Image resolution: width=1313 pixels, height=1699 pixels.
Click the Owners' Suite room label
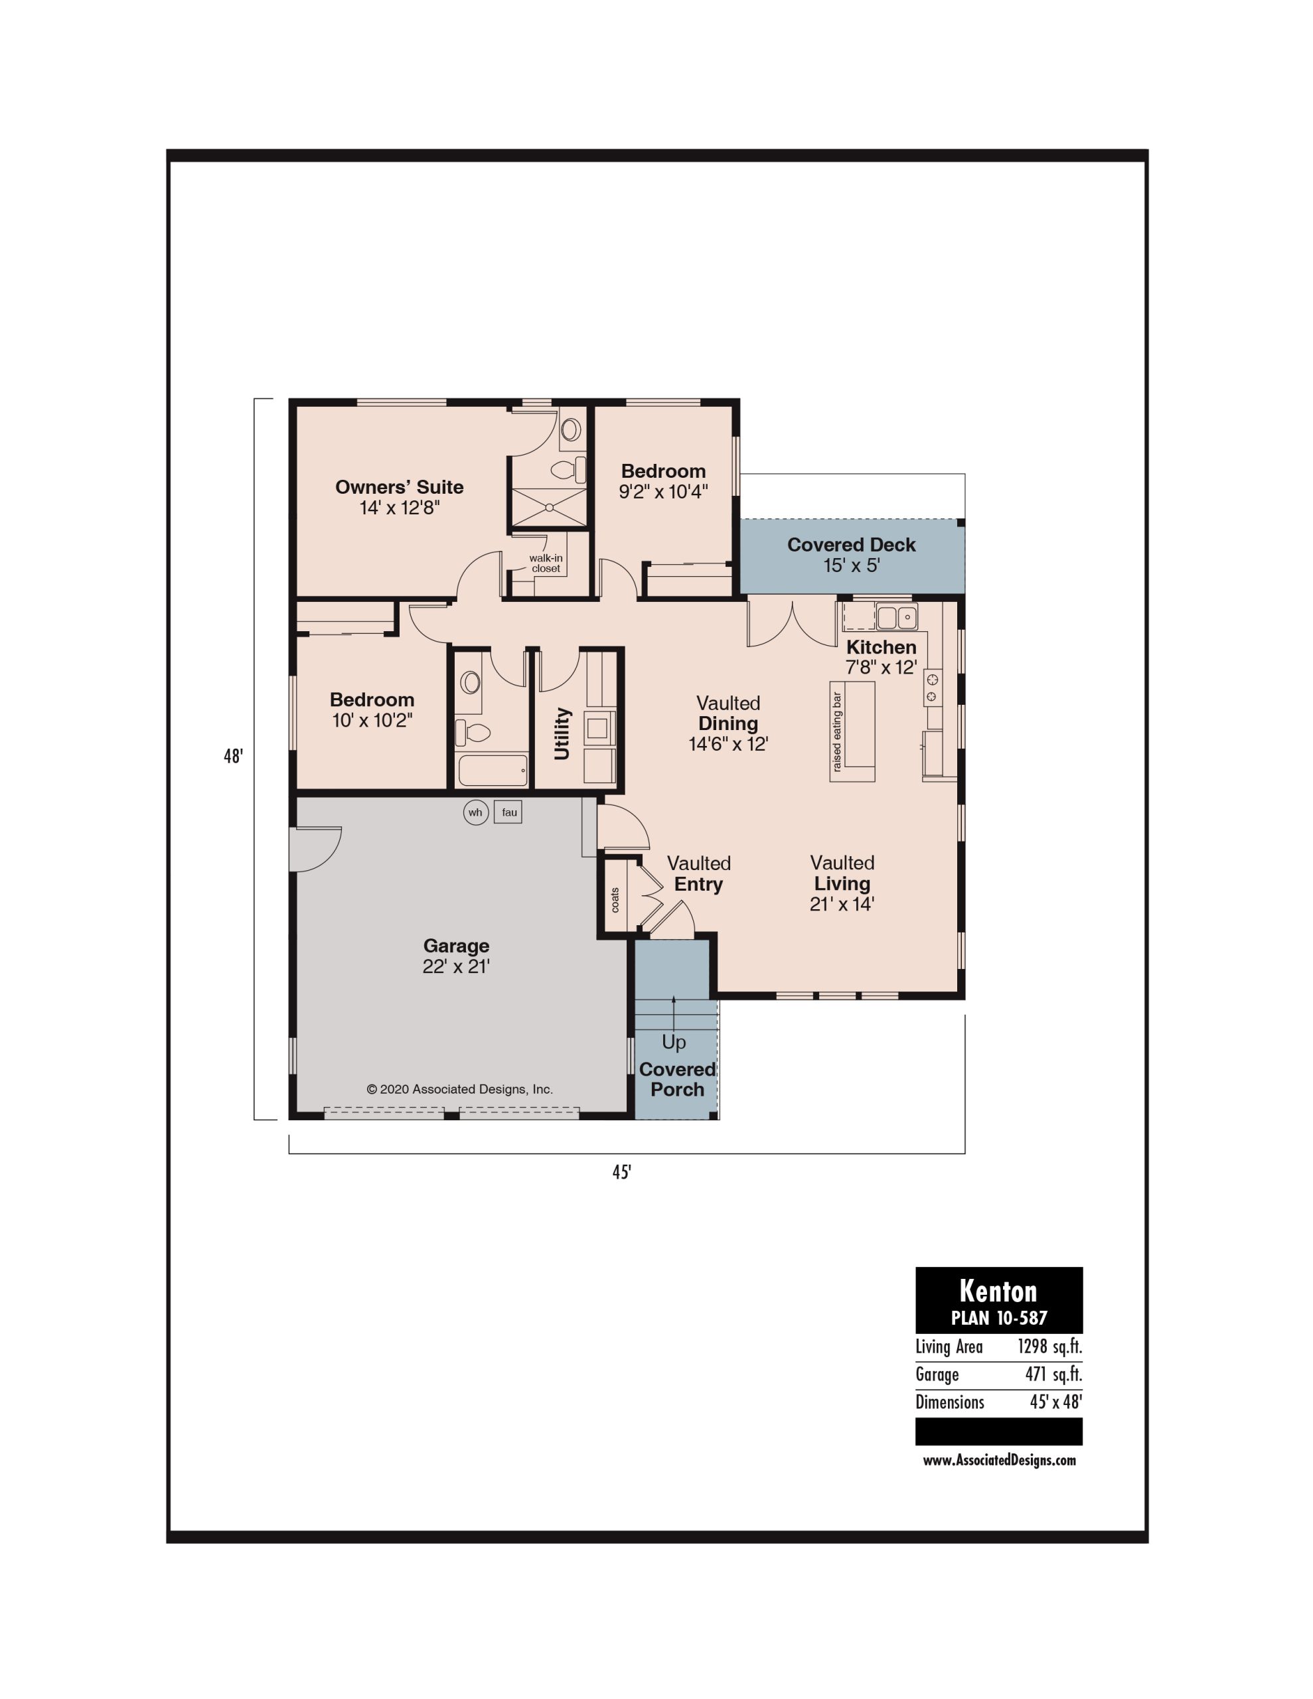[399, 487]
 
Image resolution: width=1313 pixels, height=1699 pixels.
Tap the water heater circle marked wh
[475, 812]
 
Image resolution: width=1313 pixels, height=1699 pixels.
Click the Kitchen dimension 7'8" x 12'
[881, 668]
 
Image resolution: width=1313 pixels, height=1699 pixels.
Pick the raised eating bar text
[836, 732]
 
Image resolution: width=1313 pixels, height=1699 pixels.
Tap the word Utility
[562, 733]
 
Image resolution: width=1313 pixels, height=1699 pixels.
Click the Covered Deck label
[852, 545]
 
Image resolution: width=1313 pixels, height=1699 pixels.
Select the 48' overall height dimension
[234, 756]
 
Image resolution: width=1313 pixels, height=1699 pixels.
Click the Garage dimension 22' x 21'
[456, 966]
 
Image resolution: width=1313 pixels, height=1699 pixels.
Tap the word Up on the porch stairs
[674, 1043]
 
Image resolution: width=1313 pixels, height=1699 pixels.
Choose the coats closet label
[615, 900]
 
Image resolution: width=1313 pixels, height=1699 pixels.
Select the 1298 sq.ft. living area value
[1050, 1347]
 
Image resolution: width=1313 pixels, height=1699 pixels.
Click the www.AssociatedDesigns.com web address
[999, 1460]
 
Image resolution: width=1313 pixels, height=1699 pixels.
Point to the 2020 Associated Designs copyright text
[460, 1089]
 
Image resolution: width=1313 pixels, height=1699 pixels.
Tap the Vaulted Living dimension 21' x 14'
[842, 904]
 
